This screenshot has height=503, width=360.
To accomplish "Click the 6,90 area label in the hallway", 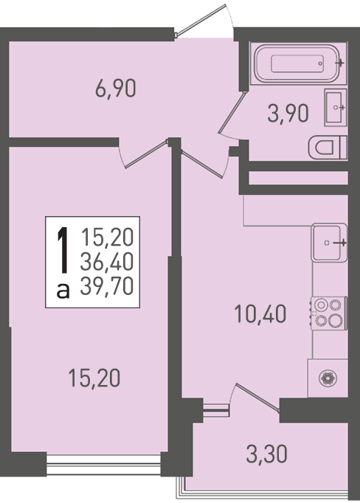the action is click(116, 89).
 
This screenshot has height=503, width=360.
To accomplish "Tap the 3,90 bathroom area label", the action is click(288, 114).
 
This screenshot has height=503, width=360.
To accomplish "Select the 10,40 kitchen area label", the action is click(260, 313).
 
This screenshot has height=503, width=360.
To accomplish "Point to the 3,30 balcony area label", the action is click(266, 454).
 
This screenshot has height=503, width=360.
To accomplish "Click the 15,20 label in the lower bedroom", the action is click(94, 378).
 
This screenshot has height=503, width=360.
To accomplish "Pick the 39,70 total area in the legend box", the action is click(107, 286).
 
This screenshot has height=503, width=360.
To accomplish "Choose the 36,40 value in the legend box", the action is click(107, 261).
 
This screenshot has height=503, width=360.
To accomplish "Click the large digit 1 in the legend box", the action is click(63, 250).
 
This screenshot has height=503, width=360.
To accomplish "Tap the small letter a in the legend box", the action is click(63, 291).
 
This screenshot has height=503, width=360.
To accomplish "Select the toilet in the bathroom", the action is click(328, 148).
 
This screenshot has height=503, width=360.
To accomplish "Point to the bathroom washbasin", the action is click(336, 108).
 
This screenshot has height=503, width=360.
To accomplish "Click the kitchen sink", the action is click(329, 243).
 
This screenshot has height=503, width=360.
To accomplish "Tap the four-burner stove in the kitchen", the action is click(328, 313).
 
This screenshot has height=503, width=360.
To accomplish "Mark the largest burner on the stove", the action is click(336, 321).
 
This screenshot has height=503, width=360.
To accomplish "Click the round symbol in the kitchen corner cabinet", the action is click(328, 378).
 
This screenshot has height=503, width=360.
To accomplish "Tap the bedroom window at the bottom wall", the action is click(103, 464).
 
